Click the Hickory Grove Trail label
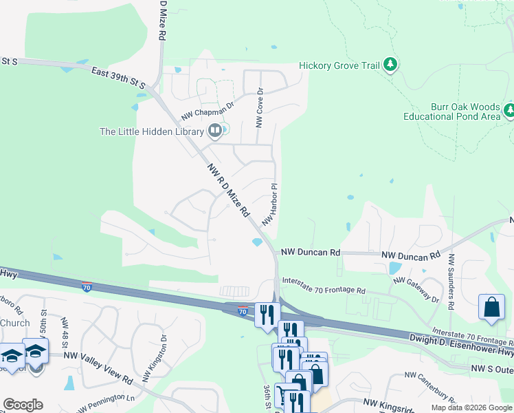coord(339,66)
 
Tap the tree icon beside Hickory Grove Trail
coord(391,65)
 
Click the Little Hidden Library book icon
coord(214,131)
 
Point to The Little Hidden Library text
coord(151,131)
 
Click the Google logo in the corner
coord(23,405)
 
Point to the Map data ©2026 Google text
coord(471,407)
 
